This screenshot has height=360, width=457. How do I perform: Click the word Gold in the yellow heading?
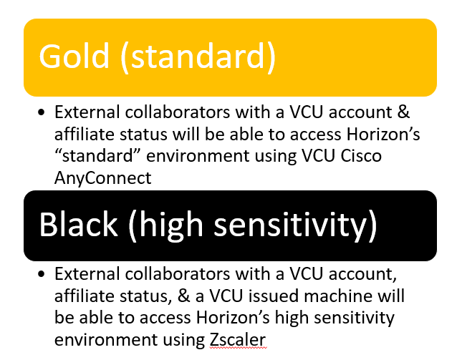pos(74,56)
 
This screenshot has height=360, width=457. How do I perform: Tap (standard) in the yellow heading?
pos(198,57)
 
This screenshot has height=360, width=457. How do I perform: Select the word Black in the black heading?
pos(78,224)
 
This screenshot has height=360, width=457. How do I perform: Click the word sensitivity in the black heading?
pos(296,225)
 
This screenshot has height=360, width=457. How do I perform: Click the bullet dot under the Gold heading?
pos(42,112)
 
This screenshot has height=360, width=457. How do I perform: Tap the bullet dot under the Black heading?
pos(42,274)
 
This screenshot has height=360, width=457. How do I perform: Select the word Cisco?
pos(361,156)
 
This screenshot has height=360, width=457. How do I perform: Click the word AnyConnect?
pos(103,178)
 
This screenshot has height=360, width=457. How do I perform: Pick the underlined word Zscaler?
pos(238,340)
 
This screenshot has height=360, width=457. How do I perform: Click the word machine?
pos(338,296)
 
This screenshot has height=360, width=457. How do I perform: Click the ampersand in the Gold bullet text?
pos(403,112)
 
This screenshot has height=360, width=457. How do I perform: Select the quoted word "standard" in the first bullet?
pos(98,156)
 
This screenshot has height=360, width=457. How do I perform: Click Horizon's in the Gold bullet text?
pos(383,135)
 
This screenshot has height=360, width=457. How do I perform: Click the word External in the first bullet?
pos(87,112)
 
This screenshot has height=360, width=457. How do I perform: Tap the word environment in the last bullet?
pos(105,340)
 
